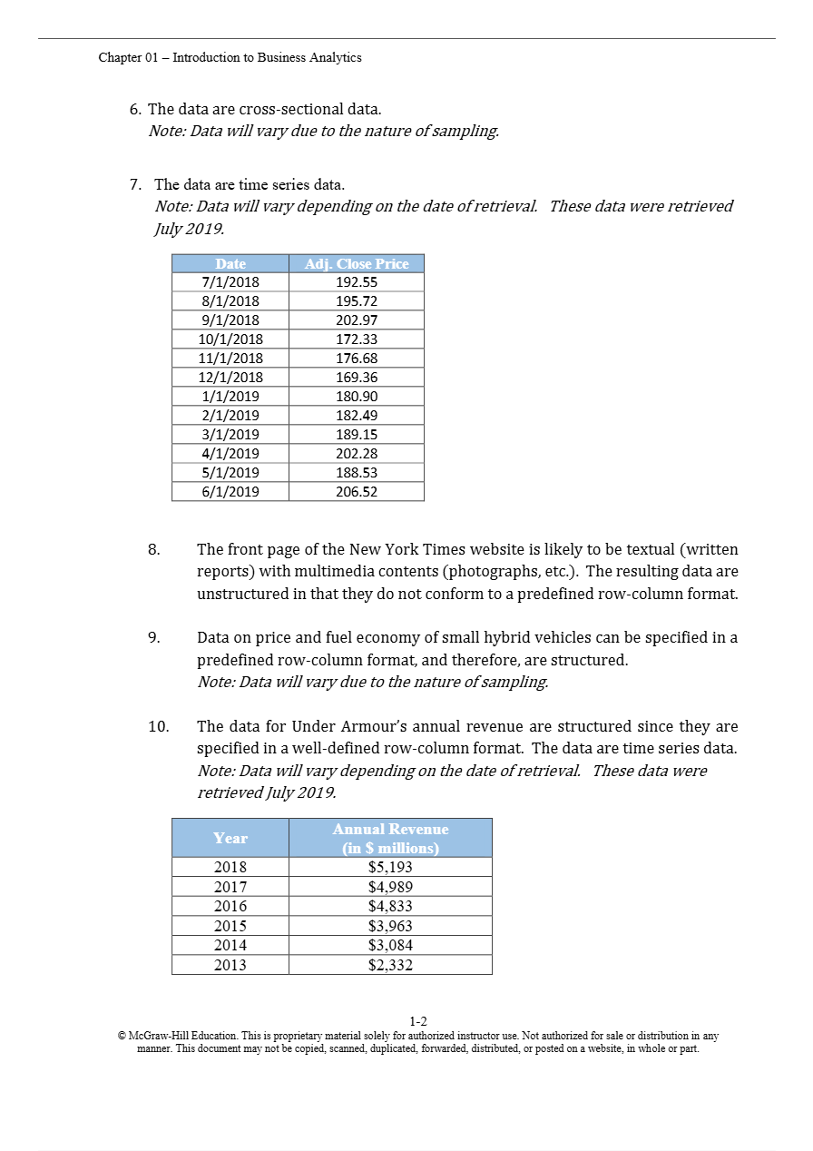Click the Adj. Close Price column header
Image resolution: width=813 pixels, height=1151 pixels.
[357, 264]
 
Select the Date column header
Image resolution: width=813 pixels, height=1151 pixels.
[230, 264]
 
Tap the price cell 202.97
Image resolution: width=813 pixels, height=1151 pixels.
[357, 320]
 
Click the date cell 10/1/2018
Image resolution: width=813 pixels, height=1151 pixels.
[230, 339]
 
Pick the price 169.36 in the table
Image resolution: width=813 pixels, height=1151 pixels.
[357, 378]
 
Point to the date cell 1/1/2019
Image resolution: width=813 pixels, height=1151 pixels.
[230, 397]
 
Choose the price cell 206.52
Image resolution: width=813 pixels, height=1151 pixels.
[357, 492]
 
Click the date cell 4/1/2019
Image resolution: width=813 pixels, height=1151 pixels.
[230, 454]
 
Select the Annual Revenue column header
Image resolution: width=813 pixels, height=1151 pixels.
[390, 838]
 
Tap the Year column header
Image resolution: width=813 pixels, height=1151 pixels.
[230, 838]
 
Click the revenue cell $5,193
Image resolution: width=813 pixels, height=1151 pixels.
[390, 867]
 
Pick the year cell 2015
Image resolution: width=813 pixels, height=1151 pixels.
[230, 926]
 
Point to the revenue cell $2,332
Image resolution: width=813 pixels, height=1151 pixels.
[390, 965]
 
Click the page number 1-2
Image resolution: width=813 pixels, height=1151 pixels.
[418, 1021]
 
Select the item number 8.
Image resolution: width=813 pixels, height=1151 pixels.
[153, 550]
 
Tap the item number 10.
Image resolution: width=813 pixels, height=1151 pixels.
[158, 727]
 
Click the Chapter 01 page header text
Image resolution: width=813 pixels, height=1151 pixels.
[230, 57]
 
